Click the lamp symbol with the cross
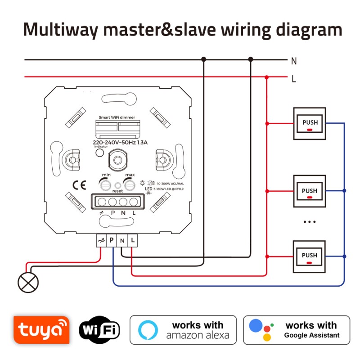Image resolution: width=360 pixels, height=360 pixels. pos(28,283)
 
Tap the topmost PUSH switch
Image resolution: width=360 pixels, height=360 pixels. pos(310,123)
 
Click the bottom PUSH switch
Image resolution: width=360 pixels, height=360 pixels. pos(310,256)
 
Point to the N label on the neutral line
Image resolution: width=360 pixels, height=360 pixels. pos(294,61)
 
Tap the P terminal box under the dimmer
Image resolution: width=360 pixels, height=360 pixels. pos(111,241)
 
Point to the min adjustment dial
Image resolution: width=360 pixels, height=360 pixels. pos(105,184)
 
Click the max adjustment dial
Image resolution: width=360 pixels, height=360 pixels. pos(130,184)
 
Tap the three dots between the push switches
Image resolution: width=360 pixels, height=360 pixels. pos(310,222)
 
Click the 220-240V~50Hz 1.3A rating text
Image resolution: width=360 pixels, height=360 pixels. pos(120,143)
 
